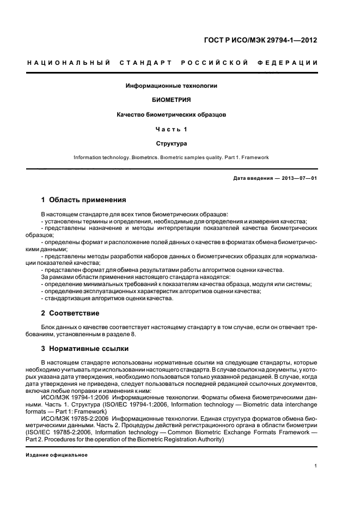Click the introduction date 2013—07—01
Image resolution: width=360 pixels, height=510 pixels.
[298, 179]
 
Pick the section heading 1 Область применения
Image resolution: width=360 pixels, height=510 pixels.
[84, 200]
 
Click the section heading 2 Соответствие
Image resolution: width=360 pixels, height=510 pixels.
[71, 313]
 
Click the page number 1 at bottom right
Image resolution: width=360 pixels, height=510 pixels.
[316, 466]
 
